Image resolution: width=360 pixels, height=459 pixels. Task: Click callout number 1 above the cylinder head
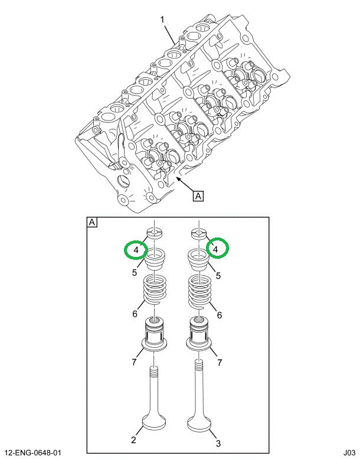click(x=162, y=21)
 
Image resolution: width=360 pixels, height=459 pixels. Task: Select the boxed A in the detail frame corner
click(x=92, y=223)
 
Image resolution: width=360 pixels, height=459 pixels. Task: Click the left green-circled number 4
click(x=136, y=250)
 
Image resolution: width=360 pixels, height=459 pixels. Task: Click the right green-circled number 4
click(x=216, y=249)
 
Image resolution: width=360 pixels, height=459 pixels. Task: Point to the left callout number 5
click(x=135, y=274)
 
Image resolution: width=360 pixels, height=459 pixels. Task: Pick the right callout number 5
click(x=218, y=275)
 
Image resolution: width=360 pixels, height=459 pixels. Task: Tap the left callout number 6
click(x=135, y=314)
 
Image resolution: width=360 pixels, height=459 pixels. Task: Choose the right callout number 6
click(x=219, y=315)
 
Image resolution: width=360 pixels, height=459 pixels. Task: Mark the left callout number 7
click(x=134, y=362)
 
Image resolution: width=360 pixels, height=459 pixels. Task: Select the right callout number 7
click(x=220, y=362)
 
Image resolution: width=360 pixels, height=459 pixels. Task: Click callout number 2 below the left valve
click(x=134, y=440)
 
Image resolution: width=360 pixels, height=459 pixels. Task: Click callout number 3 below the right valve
click(x=219, y=440)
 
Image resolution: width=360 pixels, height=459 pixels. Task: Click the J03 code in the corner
click(x=346, y=453)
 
